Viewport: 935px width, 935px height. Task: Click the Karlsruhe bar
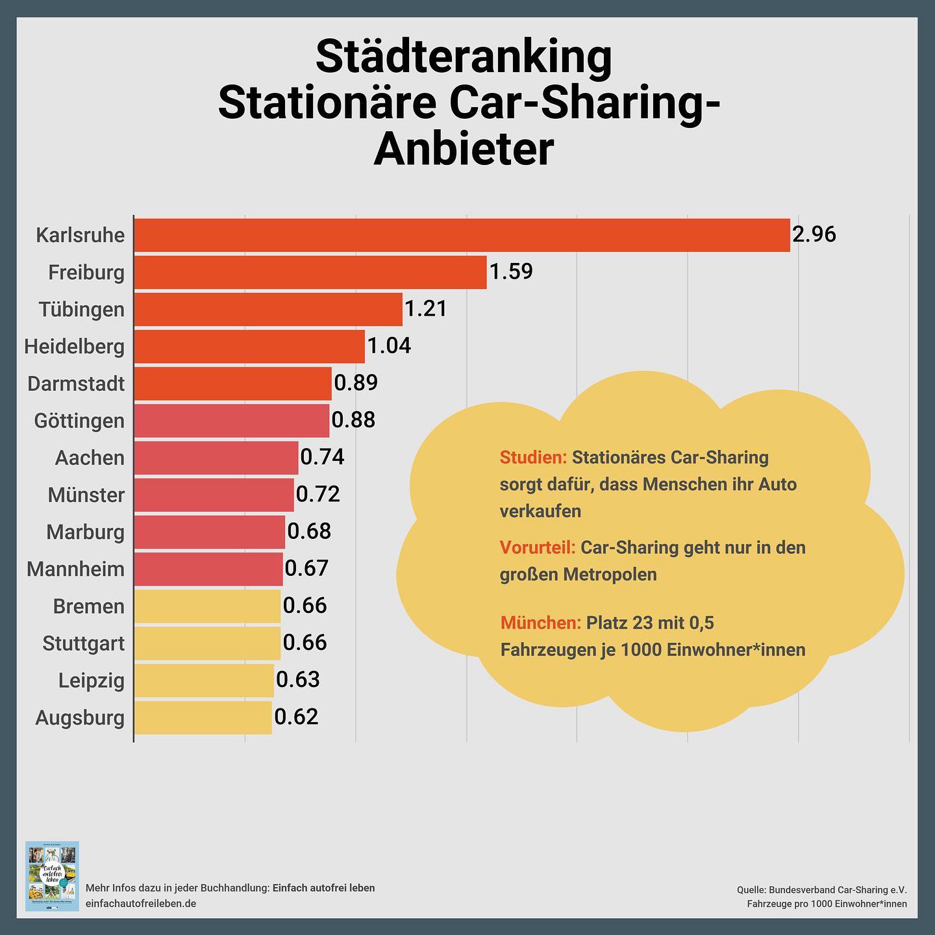tap(461, 235)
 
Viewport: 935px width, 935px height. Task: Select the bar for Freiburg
tap(310, 272)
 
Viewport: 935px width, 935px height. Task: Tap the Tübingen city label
tap(81, 309)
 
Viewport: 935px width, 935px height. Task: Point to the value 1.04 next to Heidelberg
tap(389, 345)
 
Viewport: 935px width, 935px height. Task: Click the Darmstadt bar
tap(232, 383)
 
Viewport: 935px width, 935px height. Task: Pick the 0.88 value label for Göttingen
tap(353, 419)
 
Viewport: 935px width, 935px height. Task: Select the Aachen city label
tap(90, 458)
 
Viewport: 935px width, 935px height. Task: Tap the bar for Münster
tap(214, 495)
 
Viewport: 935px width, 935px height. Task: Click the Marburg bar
tap(209, 532)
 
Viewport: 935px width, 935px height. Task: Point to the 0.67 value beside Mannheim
tap(306, 569)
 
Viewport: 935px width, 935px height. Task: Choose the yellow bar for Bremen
tap(207, 606)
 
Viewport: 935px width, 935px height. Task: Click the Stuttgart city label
tap(83, 643)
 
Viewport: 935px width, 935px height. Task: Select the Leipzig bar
tap(204, 680)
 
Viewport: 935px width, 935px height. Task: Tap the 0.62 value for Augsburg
tap(296, 717)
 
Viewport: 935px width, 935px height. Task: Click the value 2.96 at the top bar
tap(814, 234)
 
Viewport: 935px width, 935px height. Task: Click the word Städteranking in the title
tap(464, 56)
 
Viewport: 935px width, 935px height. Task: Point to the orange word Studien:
tap(533, 458)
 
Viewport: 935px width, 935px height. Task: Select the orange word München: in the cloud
tap(540, 623)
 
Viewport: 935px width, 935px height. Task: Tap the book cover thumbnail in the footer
tap(52, 876)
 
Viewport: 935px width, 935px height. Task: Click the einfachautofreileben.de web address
tap(141, 904)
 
